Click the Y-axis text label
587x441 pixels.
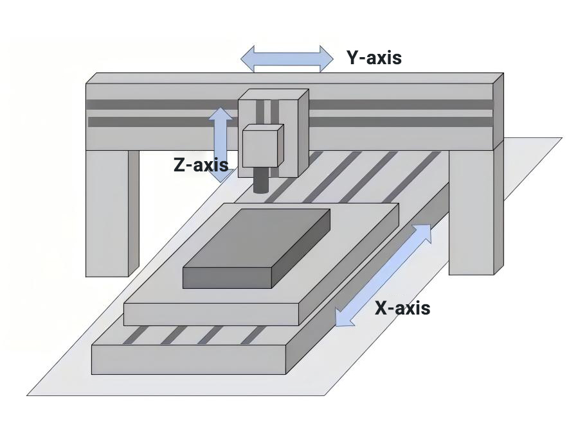coord(374,58)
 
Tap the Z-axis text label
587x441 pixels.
coord(201,165)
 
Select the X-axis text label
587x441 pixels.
coord(402,308)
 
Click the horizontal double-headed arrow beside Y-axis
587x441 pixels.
coord(287,58)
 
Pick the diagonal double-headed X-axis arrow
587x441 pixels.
coord(384,274)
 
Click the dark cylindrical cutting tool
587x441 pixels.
coord(261,180)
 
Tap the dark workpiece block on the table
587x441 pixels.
coord(257,250)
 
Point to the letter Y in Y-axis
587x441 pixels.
coord(353,58)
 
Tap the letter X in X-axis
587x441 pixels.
coord(381,308)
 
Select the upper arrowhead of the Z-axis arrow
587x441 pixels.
coord(221,115)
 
